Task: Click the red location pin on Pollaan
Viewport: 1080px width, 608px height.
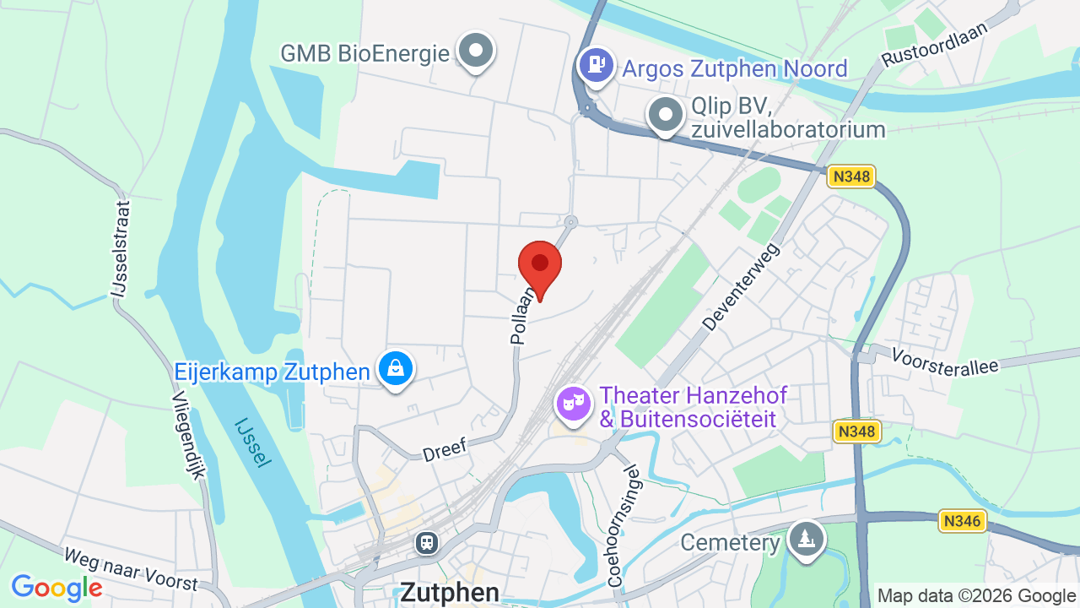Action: (x=540, y=265)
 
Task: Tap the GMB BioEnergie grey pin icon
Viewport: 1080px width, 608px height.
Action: (x=476, y=50)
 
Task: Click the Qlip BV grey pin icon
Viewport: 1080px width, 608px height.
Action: (x=666, y=114)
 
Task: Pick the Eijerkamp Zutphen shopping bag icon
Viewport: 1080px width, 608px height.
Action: (x=396, y=368)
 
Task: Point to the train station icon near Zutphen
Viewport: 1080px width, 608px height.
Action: (x=428, y=541)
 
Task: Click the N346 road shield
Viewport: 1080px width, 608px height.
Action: (x=963, y=521)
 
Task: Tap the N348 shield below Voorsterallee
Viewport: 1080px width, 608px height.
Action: (x=857, y=432)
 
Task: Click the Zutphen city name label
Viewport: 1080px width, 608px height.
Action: (x=450, y=592)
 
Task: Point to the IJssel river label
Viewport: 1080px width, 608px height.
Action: (x=253, y=442)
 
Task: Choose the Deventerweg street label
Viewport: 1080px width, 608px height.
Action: (x=742, y=286)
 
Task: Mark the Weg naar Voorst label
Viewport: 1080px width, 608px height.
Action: (x=131, y=569)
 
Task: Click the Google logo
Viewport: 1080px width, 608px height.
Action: (x=57, y=588)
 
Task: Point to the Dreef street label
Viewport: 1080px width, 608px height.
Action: (x=444, y=448)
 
